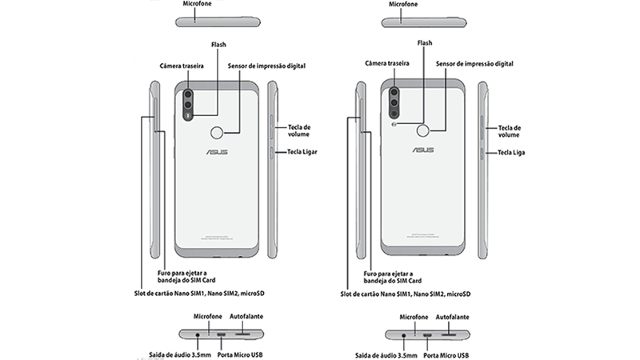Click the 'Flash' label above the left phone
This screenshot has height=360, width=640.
coord(216,45)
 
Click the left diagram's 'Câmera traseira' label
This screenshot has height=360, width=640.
coord(183,66)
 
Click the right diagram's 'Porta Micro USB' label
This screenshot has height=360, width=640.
coord(446,354)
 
